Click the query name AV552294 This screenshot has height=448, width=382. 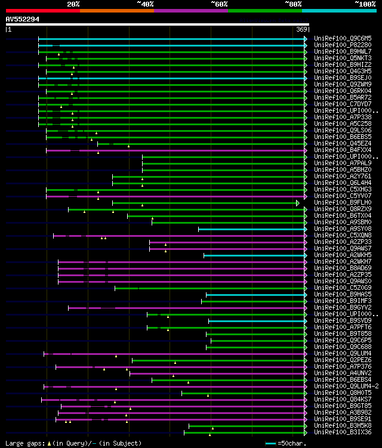[x=23, y=19]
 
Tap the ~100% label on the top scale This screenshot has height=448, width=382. [x=365, y=4]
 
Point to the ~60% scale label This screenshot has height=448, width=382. [x=219, y=4]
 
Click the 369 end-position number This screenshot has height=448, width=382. [x=301, y=29]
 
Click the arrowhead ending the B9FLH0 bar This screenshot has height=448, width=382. [x=297, y=203]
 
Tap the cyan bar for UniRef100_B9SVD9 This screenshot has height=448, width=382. [x=257, y=321]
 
